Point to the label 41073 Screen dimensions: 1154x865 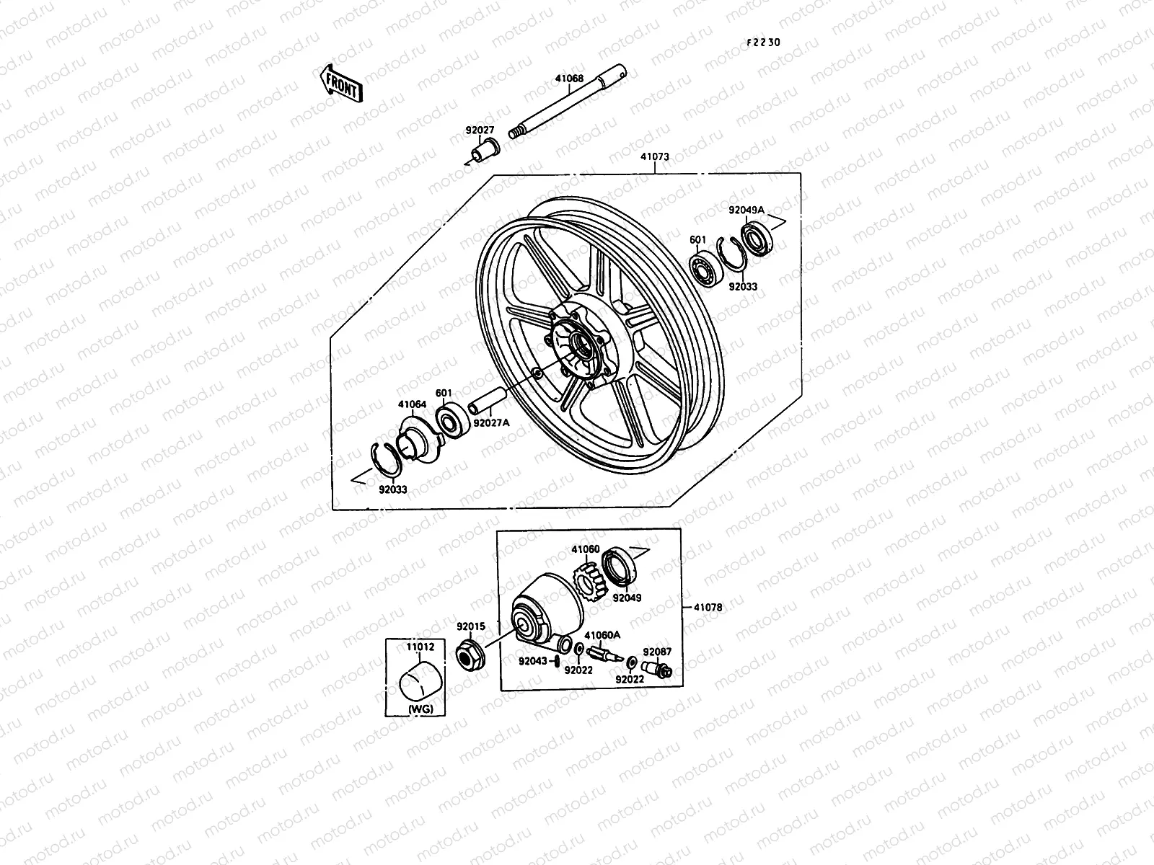tap(654, 156)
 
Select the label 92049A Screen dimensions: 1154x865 tap(746, 210)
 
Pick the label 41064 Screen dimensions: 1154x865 tap(412, 405)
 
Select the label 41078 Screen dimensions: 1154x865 tap(708, 608)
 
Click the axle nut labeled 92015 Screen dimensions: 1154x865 tap(470, 654)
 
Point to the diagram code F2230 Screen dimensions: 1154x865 tap(763, 43)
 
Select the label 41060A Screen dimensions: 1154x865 tap(602, 635)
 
